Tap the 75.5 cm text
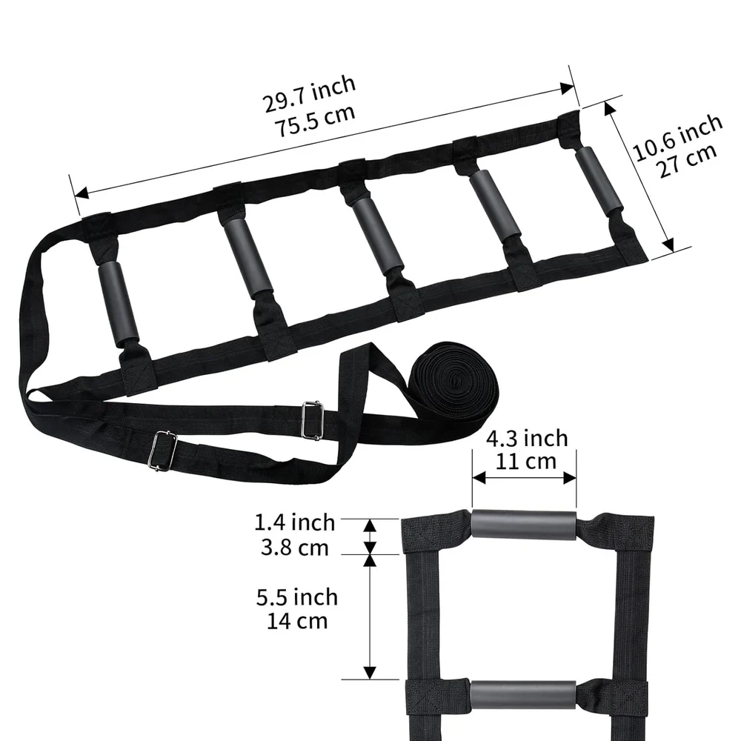(315, 121)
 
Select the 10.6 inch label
(677, 137)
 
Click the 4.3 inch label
(527, 439)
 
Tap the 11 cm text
(526, 461)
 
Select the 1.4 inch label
(295, 522)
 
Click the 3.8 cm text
(295, 548)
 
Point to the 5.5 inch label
(297, 597)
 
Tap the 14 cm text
(297, 621)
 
